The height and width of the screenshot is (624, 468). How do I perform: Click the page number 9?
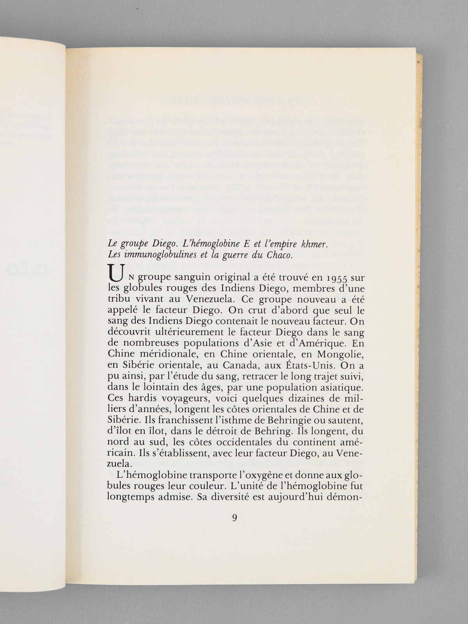[234, 518]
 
